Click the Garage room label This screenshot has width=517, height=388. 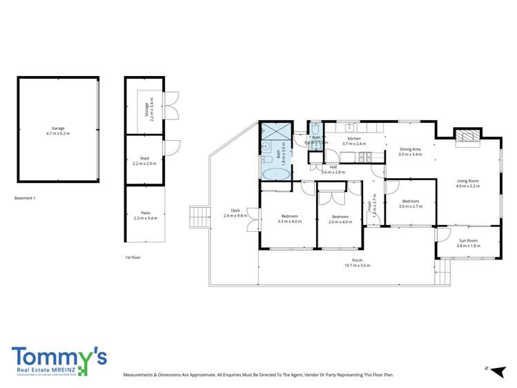(x=58, y=130)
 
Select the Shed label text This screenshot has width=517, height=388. (x=144, y=162)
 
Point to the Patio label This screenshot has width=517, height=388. (x=145, y=215)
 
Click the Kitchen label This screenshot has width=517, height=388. (x=354, y=141)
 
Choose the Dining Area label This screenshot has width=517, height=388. (x=410, y=151)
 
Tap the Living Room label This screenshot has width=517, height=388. (x=467, y=184)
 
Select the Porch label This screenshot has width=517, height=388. (x=358, y=262)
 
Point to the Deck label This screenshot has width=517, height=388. (x=235, y=213)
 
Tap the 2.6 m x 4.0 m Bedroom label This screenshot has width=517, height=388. (x=339, y=219)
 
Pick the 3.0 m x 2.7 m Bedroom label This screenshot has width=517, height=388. (x=411, y=203)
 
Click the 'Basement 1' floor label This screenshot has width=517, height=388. (x=25, y=198)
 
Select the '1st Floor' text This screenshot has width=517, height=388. (x=133, y=257)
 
